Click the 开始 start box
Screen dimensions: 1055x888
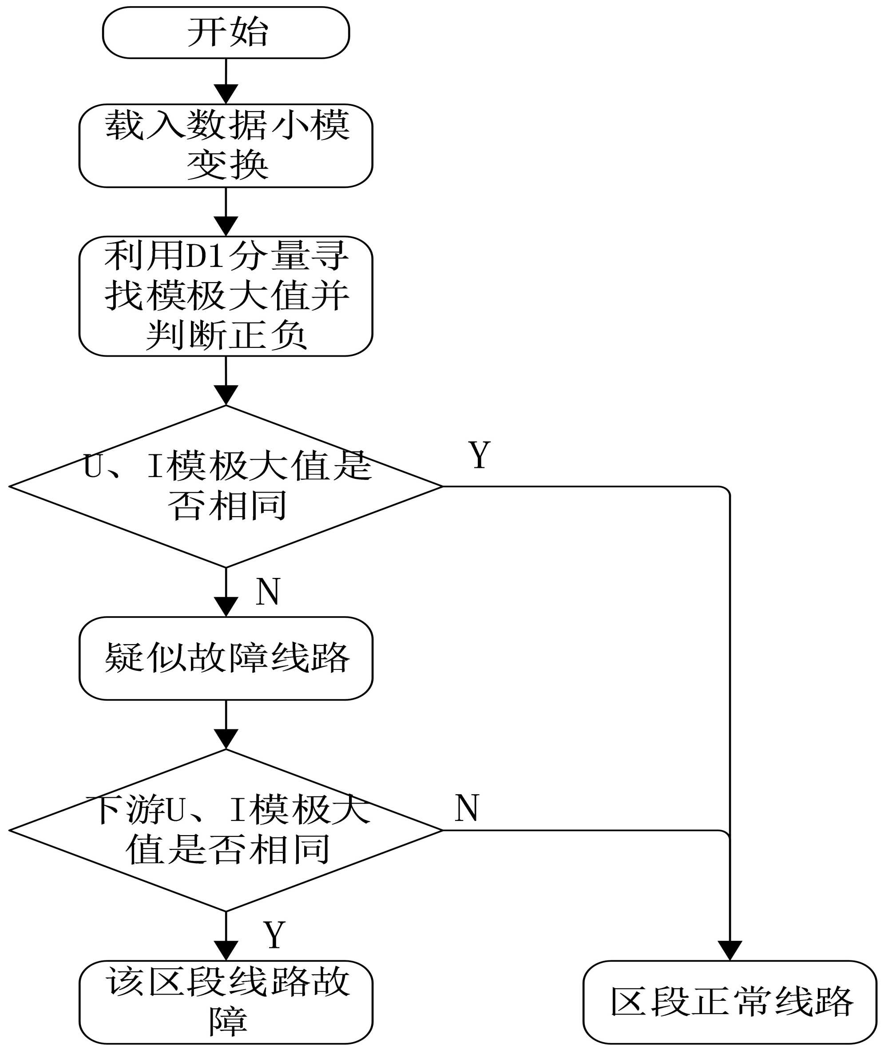click(226, 33)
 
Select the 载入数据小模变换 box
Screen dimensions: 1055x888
click(226, 146)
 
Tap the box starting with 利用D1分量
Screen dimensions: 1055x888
click(226, 296)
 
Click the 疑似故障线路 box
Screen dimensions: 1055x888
click(226, 658)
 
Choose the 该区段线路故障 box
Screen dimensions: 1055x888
click(226, 1002)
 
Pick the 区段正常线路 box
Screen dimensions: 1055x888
click(730, 1002)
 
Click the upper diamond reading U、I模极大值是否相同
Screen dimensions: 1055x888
click(226, 486)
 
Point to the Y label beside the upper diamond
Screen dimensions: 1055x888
click(480, 455)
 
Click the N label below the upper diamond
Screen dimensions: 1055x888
click(268, 591)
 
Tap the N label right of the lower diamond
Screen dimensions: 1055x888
click(467, 808)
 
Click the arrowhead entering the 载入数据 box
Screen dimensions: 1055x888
click(226, 94)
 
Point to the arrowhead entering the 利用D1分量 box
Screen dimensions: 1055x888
click(226, 226)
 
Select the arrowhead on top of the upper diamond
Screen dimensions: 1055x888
click(226, 395)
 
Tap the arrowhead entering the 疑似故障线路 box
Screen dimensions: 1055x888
click(226, 606)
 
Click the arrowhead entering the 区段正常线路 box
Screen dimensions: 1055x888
click(730, 950)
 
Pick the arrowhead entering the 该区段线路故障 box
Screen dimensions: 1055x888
click(226, 950)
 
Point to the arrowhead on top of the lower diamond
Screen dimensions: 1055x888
click(226, 739)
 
